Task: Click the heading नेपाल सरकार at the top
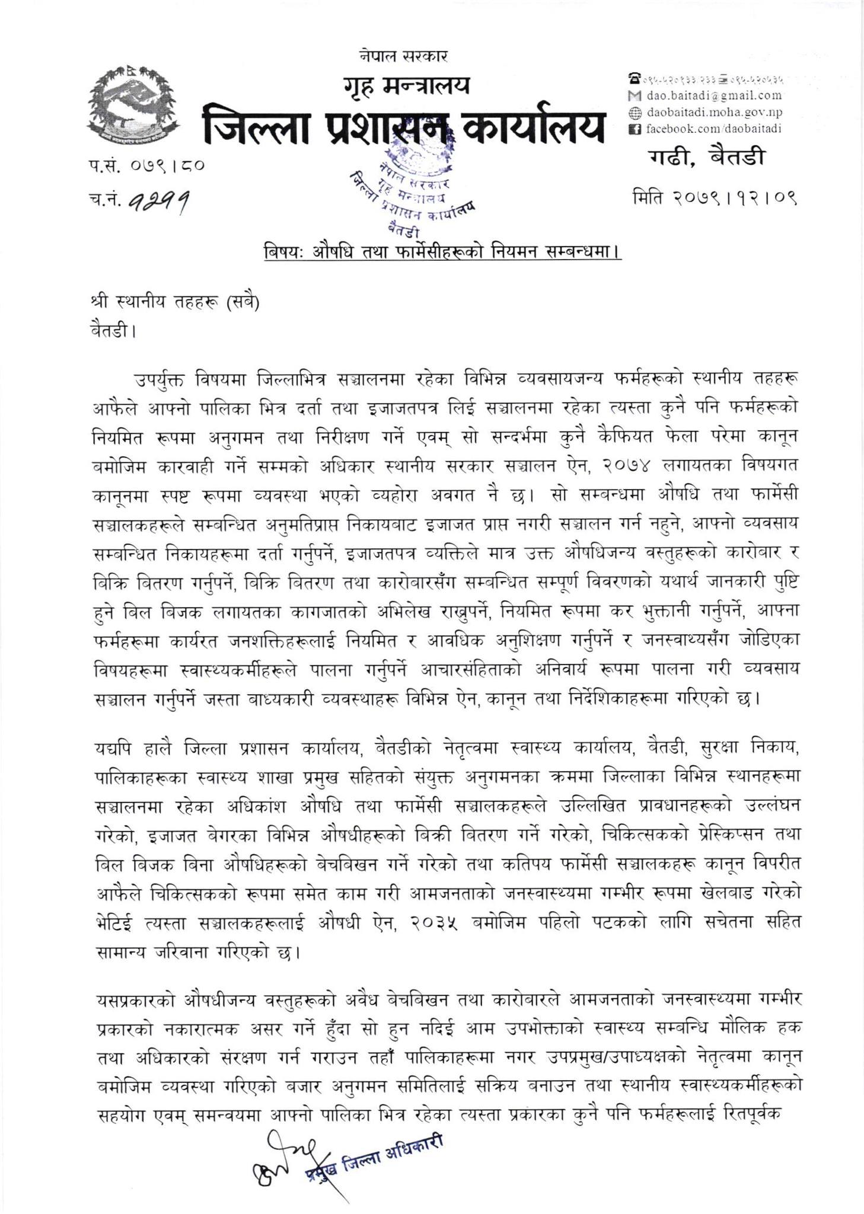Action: click(x=403, y=56)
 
